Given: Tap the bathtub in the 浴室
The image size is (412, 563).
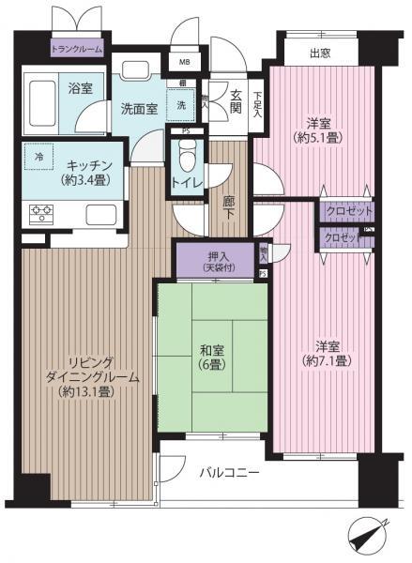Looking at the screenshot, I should coord(46,97).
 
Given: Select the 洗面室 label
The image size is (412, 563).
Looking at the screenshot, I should coord(138,109).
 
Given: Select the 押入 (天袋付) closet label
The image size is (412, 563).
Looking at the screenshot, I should coord(215,260).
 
